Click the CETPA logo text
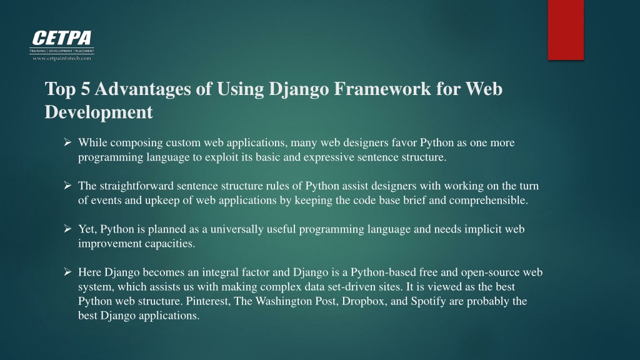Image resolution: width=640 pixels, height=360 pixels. tap(62, 38)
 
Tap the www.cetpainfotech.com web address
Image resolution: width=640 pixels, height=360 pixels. tap(62, 58)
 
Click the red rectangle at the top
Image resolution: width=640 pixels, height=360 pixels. tap(566, 30)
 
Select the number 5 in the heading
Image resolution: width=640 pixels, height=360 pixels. tap(85, 89)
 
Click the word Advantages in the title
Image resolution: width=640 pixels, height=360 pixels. tap(143, 89)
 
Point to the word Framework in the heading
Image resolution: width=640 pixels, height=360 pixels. tap(382, 89)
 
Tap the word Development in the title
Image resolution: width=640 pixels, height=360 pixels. tap(99, 112)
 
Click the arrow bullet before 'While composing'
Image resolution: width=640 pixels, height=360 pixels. tap(67, 142)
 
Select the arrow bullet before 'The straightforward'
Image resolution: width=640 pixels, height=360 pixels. tap(67, 185)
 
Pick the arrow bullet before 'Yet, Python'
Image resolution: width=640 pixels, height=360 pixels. tap(67, 229)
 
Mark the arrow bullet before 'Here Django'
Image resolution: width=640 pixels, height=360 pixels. tap(67, 272)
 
